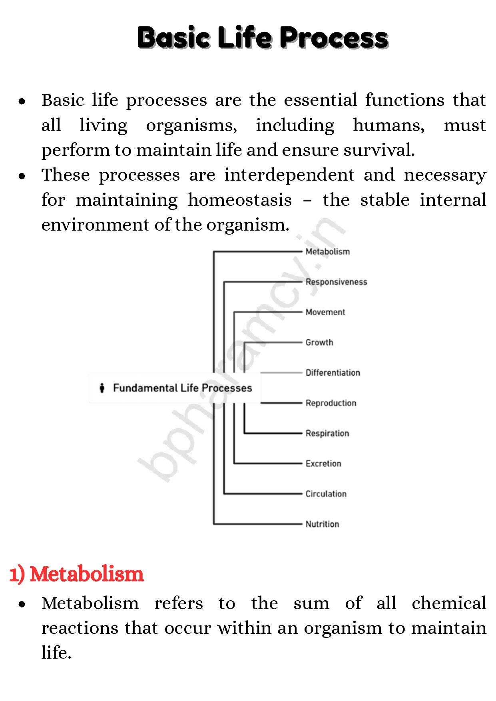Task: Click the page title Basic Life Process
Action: tap(263, 38)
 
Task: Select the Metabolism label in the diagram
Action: tap(327, 251)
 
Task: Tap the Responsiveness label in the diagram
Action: tap(336, 282)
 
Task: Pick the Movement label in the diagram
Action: tap(325, 312)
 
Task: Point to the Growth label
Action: tap(319, 343)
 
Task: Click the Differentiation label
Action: tap(333, 373)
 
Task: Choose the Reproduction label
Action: tap(331, 403)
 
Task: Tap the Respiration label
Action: tap(327, 433)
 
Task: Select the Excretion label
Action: tap(323, 464)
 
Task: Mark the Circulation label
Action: tap(326, 494)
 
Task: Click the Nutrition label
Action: tap(322, 524)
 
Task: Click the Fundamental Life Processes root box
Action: tap(175, 388)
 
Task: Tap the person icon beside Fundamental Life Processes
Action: tap(102, 388)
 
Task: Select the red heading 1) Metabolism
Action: tap(76, 574)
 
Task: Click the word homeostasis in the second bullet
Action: tap(240, 200)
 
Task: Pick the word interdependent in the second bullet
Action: tap(289, 175)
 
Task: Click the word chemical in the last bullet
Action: tap(448, 603)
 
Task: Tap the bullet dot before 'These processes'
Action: tap(22, 176)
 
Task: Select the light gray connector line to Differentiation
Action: tap(281, 372)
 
